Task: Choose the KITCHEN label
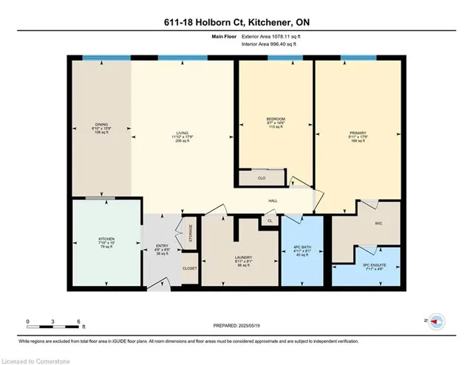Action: point(106,239)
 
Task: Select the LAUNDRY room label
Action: point(234,258)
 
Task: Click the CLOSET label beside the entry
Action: point(189,267)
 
